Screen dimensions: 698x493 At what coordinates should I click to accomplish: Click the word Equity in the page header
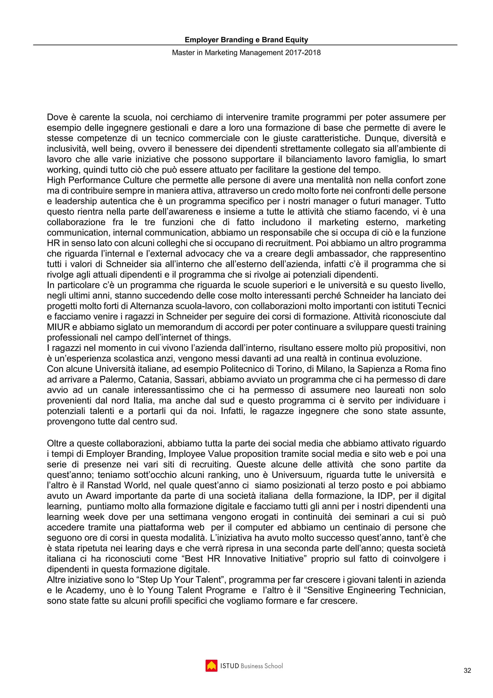pyautogui.click(x=297, y=40)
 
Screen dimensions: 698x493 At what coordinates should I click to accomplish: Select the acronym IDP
pyautogui.click(x=386, y=496)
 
